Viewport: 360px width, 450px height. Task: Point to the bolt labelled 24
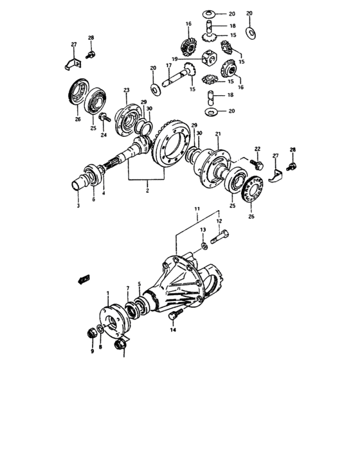point(103,118)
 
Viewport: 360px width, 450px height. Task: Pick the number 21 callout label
point(218,134)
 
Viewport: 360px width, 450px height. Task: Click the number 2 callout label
point(147,191)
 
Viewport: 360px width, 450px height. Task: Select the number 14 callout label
point(172,329)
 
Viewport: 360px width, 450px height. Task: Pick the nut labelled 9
point(92,333)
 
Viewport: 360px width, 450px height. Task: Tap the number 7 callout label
point(128,288)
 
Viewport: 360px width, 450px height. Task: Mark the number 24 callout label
point(102,135)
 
